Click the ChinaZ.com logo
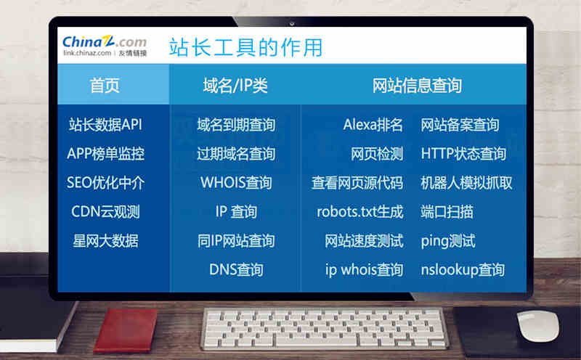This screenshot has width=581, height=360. click(105, 46)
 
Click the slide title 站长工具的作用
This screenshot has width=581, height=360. click(245, 47)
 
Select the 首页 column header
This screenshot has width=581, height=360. click(105, 85)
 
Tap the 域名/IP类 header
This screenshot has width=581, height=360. click(235, 86)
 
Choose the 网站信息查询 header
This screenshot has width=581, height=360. click(417, 86)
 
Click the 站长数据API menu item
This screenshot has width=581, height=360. click(105, 124)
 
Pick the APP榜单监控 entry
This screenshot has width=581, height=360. click(105, 153)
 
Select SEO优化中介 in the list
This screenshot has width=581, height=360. click(105, 183)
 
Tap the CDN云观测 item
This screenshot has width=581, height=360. click(105, 211)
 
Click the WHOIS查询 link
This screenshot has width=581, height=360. click(237, 183)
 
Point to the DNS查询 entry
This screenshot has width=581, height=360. click(237, 269)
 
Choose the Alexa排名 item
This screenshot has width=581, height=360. click(373, 124)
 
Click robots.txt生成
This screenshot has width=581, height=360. click(360, 211)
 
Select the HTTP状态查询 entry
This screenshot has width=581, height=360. click(463, 153)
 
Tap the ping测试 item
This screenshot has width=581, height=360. click(448, 241)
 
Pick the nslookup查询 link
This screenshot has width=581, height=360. click(463, 270)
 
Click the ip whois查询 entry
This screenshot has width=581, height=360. click(365, 270)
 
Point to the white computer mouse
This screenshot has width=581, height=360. click(538, 326)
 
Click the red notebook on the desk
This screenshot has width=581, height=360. click(126, 331)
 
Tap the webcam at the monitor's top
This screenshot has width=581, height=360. click(292, 24)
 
